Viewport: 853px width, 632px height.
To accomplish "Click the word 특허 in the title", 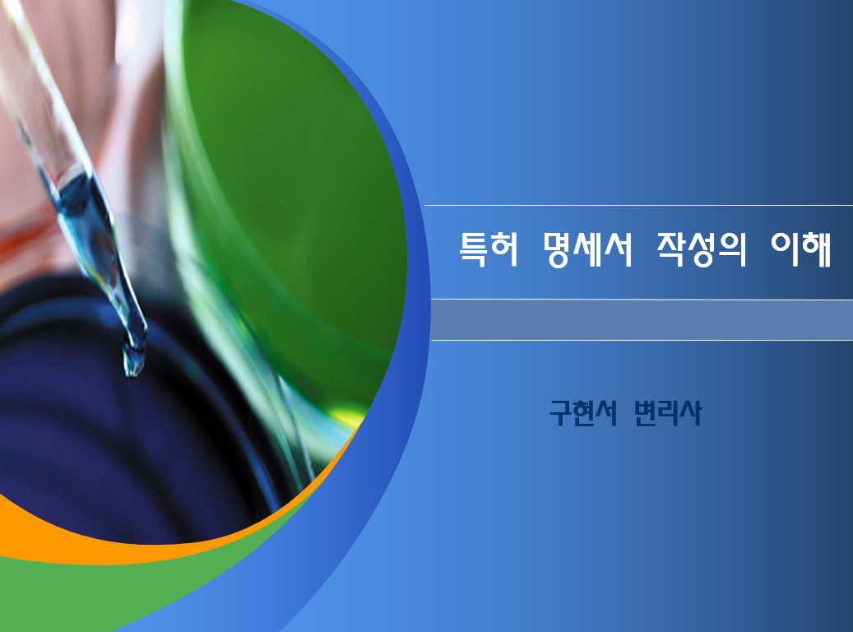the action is point(489,249).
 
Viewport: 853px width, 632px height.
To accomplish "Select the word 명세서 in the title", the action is point(587,249).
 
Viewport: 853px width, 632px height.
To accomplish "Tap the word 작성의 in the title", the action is point(702,249).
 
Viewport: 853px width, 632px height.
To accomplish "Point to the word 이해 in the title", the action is point(801,249).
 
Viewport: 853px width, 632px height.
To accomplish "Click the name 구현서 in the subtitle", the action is point(583,413).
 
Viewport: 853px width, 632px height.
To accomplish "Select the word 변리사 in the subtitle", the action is point(668,413).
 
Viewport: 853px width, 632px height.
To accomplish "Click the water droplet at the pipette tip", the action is point(134,361).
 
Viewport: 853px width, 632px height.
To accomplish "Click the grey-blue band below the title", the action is point(642,320).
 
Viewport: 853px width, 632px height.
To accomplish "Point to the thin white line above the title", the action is point(638,205).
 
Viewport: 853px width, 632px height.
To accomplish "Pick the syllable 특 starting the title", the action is point(473,249).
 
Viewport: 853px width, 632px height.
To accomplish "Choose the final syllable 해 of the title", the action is point(818,249).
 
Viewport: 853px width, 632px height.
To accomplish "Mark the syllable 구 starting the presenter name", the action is point(560,413).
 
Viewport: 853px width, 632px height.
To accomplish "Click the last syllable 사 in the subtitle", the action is point(691,413).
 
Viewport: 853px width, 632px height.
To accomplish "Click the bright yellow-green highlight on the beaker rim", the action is point(348,419).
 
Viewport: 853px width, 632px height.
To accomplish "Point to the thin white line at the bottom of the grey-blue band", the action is point(642,340).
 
